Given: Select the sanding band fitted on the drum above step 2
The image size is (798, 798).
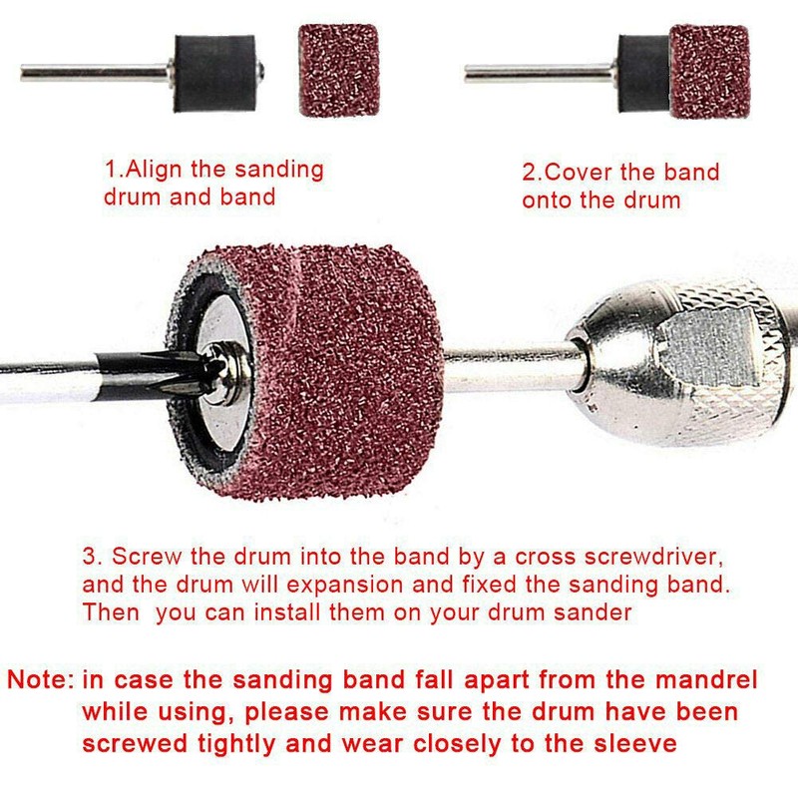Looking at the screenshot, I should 708,72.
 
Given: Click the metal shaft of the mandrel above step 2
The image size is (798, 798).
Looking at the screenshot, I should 539,73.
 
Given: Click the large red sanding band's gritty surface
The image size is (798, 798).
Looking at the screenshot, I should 349,369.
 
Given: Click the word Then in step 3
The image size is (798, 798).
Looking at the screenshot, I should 111,612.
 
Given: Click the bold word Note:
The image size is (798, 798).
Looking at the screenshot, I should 41,681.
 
